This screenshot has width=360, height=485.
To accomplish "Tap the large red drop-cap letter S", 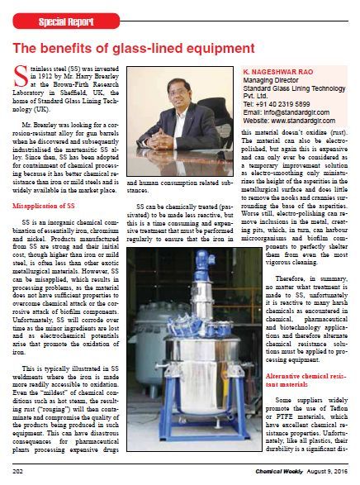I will (21, 81).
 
